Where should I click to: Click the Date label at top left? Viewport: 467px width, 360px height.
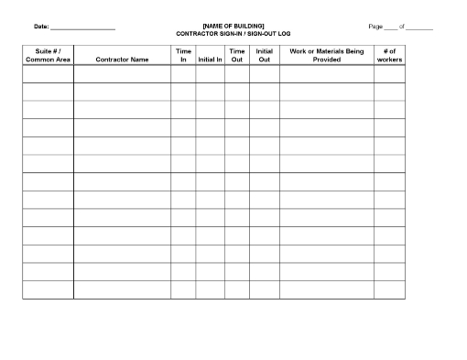[41, 27]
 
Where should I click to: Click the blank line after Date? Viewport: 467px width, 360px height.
[83, 28]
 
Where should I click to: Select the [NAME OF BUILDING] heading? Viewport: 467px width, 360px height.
[233, 26]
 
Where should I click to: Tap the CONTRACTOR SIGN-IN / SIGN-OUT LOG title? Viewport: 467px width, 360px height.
[233, 33]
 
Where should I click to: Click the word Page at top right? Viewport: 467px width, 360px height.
[375, 27]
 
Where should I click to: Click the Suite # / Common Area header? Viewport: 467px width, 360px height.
[48, 56]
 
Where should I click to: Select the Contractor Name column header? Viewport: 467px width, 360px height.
[122, 60]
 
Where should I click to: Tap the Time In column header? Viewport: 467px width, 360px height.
[183, 56]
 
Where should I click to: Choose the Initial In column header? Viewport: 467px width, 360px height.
[210, 60]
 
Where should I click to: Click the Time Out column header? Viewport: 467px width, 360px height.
[237, 56]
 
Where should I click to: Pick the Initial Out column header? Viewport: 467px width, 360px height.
[265, 56]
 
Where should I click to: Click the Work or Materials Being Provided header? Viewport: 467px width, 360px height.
[327, 56]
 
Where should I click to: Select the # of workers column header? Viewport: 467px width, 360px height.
[389, 56]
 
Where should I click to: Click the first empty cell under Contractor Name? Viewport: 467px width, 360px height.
[122, 75]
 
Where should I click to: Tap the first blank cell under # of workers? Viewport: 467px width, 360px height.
[389, 75]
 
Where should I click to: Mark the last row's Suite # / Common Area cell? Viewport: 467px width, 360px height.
[48, 289]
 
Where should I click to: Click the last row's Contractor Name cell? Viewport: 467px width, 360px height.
[122, 289]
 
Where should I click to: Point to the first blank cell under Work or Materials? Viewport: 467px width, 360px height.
[327, 75]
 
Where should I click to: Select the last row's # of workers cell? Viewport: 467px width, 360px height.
[389, 289]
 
